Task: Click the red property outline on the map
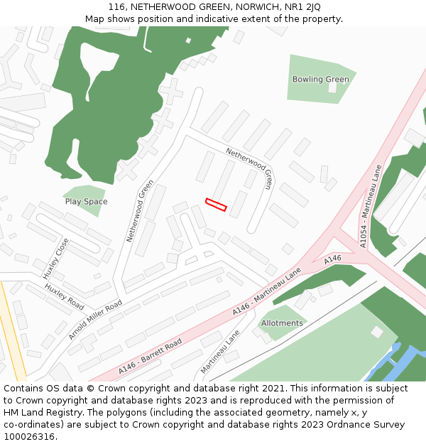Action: pos(216,205)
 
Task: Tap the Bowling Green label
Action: pos(321,79)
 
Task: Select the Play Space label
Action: pos(86,202)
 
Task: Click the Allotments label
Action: pos(282,323)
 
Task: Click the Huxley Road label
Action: pos(65,297)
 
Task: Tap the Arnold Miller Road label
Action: pos(95,320)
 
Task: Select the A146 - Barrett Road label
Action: pos(151,356)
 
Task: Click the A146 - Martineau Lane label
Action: pos(266,292)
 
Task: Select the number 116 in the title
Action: pos(117,7)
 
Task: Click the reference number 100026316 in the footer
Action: pos(28,436)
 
